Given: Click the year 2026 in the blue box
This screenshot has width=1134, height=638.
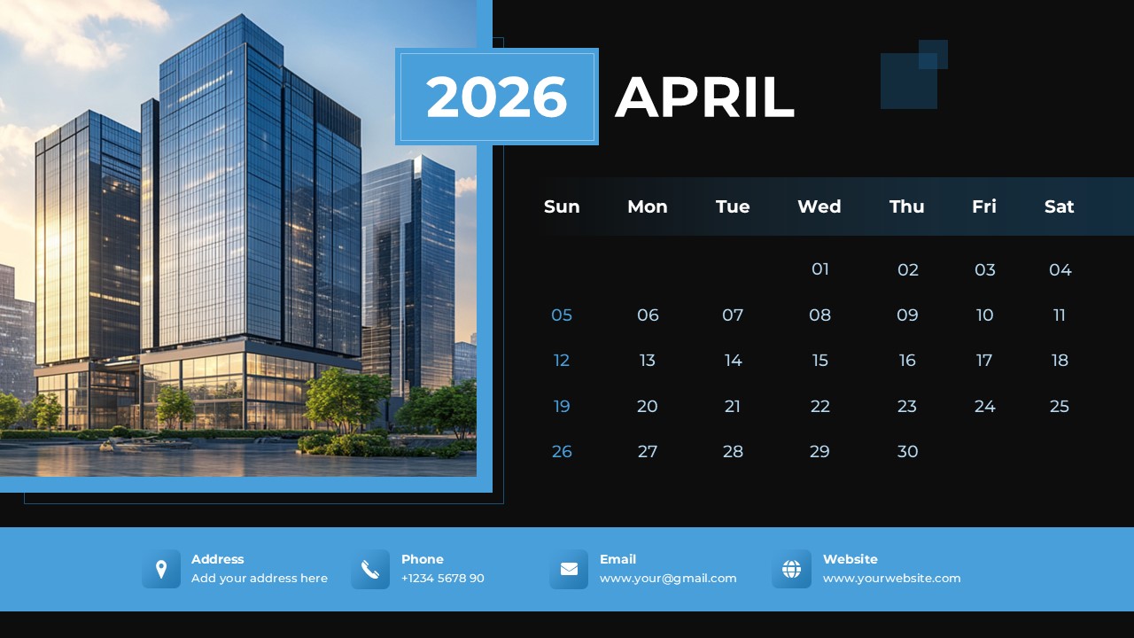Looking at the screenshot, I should point(496,97).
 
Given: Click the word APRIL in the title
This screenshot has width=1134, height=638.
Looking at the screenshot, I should point(704,97).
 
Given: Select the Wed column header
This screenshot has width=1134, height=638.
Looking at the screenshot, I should point(819,206).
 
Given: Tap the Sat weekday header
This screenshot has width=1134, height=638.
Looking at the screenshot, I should point(1059,206).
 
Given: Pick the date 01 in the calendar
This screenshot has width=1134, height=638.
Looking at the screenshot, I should point(820,269).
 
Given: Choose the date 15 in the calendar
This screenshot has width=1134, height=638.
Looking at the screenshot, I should point(820,361).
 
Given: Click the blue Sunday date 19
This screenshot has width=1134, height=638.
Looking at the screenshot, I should point(562,407).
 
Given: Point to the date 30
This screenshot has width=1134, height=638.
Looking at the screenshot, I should point(907,452).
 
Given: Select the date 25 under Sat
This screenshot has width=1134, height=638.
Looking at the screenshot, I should point(1060,407).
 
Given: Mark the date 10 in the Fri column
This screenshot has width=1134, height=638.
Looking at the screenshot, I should point(984,315).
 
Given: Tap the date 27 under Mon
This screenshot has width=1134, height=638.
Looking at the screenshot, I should point(648,452).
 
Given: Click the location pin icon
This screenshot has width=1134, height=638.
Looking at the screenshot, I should point(161,569).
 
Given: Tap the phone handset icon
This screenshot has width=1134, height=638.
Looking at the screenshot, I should point(370,569).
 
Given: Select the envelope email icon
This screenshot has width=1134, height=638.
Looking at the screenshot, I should point(569,569).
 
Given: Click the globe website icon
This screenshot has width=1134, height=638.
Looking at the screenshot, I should point(791,569).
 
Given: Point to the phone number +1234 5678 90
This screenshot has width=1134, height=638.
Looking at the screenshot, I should point(442,579).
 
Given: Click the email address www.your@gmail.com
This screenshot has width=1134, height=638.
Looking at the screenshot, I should point(668,579).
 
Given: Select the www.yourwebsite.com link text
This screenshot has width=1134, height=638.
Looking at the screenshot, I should point(891,579).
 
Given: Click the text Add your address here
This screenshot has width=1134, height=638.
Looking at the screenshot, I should point(260,579).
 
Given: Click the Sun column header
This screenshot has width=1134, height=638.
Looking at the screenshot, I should point(562,206).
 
